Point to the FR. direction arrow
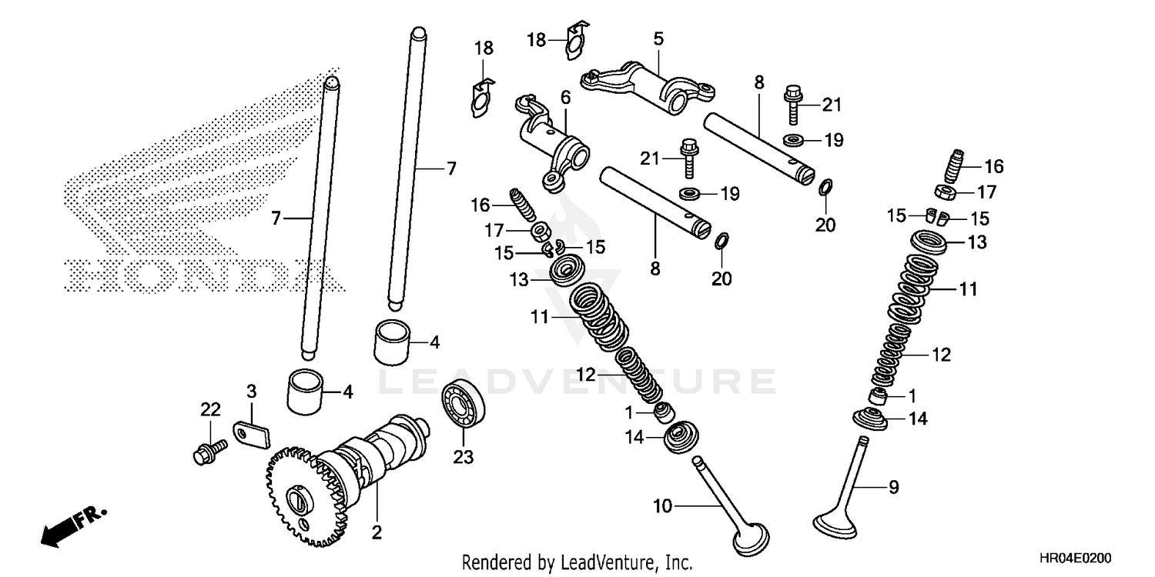click(x=73, y=526)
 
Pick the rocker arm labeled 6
click(x=553, y=142)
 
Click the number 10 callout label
click(x=663, y=505)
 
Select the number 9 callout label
click(x=893, y=486)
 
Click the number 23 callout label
click(x=462, y=458)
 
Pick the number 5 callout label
click(x=658, y=38)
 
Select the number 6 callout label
click(x=566, y=97)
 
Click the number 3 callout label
click(x=251, y=391)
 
